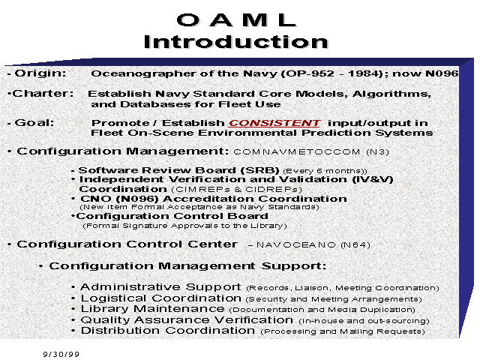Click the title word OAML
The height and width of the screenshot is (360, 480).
pyautogui.click(x=236, y=20)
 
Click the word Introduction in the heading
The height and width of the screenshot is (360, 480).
pyautogui.click(x=236, y=42)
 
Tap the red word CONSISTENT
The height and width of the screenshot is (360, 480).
pyautogui.click(x=274, y=123)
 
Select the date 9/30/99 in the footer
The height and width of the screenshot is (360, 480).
pyautogui.click(x=61, y=354)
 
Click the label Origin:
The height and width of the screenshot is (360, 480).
pyautogui.click(x=40, y=73)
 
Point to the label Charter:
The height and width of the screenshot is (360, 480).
pyautogui.click(x=43, y=93)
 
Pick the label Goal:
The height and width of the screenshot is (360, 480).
pyautogui.click(x=34, y=123)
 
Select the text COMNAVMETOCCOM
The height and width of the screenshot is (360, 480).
pyautogui.click(x=297, y=151)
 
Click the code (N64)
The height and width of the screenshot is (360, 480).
pyautogui.click(x=355, y=245)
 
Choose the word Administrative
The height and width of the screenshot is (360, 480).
pyautogui.click(x=130, y=287)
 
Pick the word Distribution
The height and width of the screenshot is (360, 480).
pyautogui.click(x=120, y=331)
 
